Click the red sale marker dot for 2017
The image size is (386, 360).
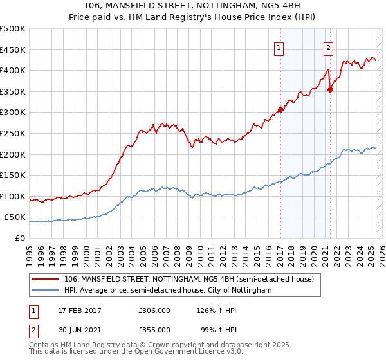[x=280, y=109]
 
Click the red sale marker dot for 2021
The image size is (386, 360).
[x=330, y=89]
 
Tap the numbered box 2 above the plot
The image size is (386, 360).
[x=328, y=47]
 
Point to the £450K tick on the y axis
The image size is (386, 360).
[x=13, y=50]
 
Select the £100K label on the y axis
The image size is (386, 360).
[x=13, y=196]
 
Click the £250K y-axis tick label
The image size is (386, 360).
[x=13, y=133]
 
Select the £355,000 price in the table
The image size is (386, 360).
[x=154, y=329]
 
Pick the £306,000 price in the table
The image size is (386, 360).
[x=154, y=310]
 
